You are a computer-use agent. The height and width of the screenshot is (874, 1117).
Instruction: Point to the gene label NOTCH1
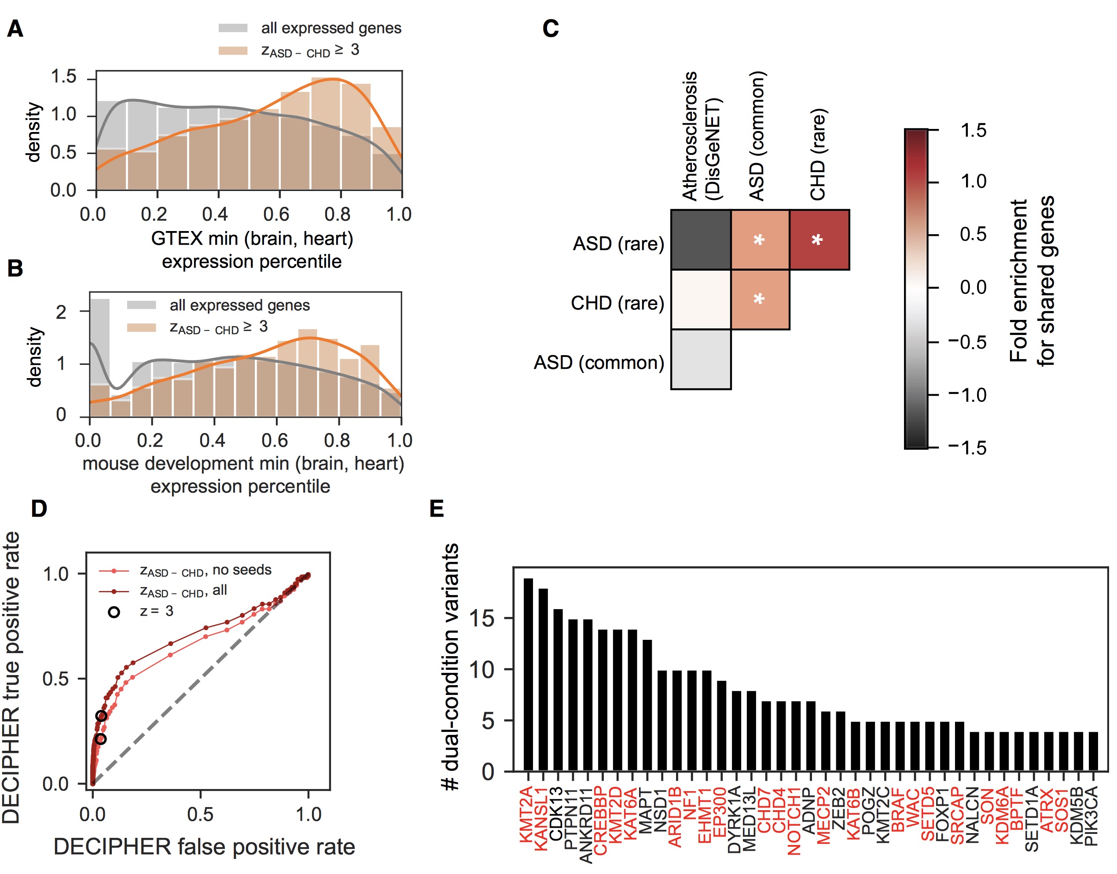tap(795, 821)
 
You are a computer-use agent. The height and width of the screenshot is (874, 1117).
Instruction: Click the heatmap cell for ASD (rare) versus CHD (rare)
tap(819, 239)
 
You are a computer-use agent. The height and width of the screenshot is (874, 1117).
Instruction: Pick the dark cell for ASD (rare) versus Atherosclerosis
tap(701, 239)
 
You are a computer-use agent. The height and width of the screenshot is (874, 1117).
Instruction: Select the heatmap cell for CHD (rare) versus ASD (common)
tap(760, 299)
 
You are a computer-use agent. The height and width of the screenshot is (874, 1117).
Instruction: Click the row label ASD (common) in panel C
tap(599, 363)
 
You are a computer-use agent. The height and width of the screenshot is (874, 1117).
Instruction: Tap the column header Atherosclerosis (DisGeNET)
tap(701, 136)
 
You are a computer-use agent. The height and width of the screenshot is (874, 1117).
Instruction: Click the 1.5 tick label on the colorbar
tap(973, 131)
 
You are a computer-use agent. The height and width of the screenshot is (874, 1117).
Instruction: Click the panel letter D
tap(39, 508)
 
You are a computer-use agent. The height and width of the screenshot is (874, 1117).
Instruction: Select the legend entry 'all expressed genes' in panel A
tap(331, 28)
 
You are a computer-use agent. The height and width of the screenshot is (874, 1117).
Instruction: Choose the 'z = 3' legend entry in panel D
tap(156, 611)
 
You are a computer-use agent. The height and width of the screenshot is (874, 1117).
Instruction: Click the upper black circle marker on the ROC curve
tap(101, 716)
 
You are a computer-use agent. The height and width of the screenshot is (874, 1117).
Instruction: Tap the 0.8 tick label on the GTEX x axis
tap(337, 214)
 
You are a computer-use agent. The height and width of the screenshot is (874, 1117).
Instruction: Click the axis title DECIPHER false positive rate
tap(204, 847)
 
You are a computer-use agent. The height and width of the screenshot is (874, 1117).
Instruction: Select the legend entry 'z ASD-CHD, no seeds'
tap(205, 570)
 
